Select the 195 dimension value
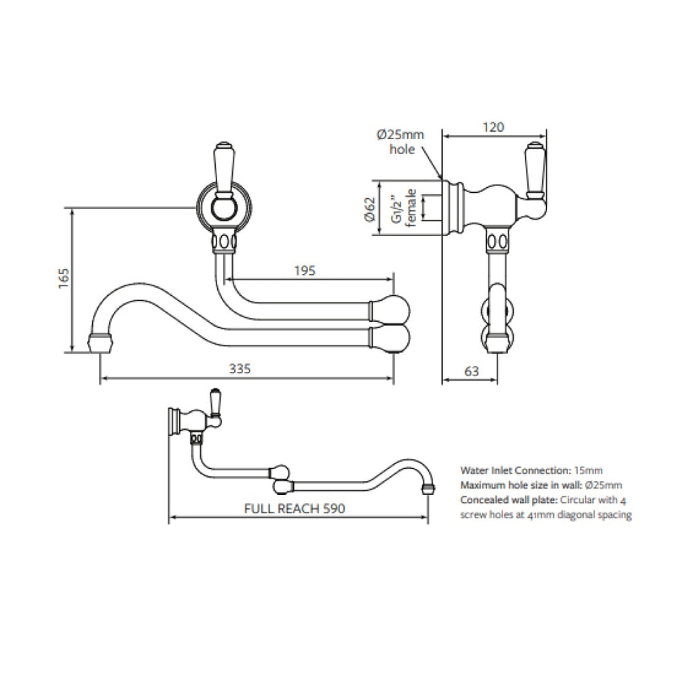tap(305, 270)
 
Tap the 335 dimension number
tap(240, 369)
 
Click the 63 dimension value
tap(472, 371)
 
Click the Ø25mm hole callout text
tap(400, 142)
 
